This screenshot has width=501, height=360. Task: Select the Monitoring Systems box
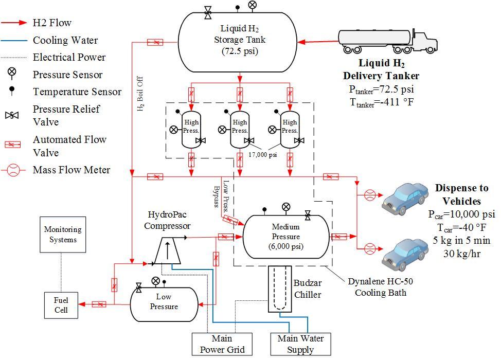click(63, 235)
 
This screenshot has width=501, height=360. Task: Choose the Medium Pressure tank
click(286, 237)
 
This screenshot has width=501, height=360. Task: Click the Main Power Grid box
click(222, 344)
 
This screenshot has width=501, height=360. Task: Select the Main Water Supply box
click(300, 344)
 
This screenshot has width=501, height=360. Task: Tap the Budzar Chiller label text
click(307, 289)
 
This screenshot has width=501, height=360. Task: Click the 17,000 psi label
click(263, 154)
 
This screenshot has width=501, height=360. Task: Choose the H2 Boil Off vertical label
click(140, 96)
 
